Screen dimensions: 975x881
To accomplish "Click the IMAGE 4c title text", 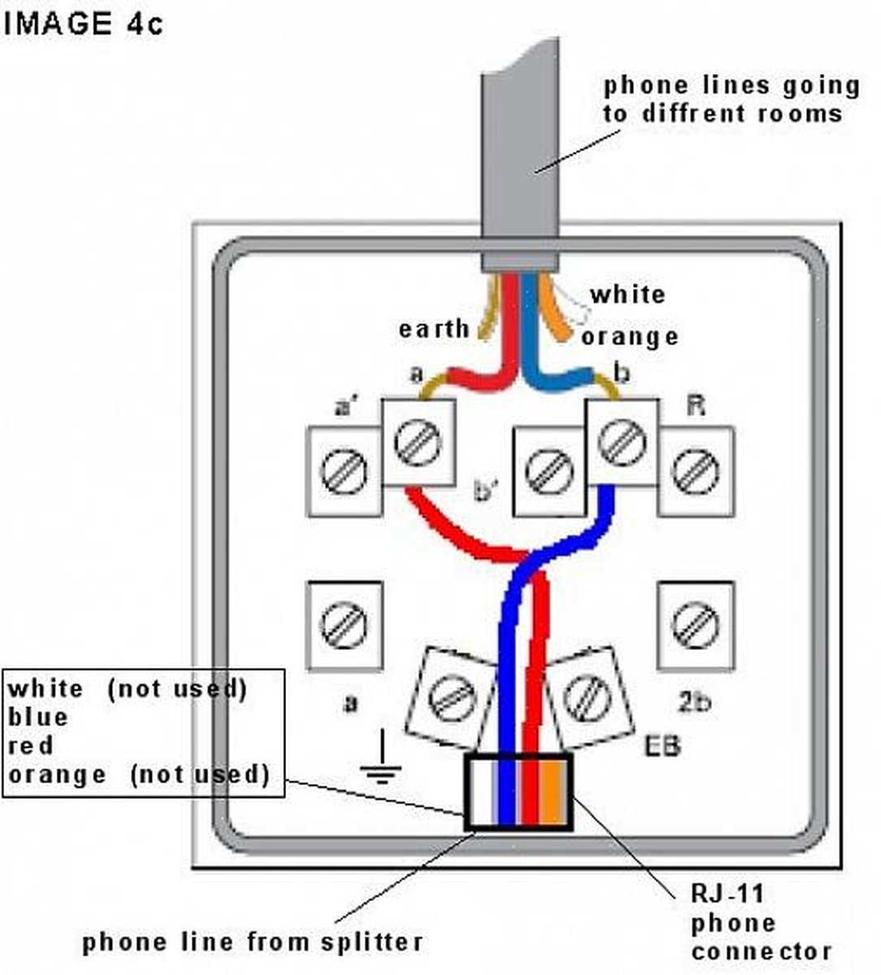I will click(84, 23).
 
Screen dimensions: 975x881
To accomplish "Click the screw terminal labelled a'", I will click(343, 472).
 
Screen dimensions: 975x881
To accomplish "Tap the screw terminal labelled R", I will click(697, 472).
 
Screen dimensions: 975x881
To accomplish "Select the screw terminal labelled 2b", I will click(695, 626).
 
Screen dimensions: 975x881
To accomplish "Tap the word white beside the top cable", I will click(627, 294).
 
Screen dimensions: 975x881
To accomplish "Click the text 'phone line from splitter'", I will click(253, 942).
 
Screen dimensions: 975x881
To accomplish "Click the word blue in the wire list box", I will click(38, 717).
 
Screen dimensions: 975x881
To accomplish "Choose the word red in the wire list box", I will click(31, 746).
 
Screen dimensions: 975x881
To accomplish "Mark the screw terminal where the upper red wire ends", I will click(418, 443).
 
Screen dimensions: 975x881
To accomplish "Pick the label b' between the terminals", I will click(486, 492).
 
